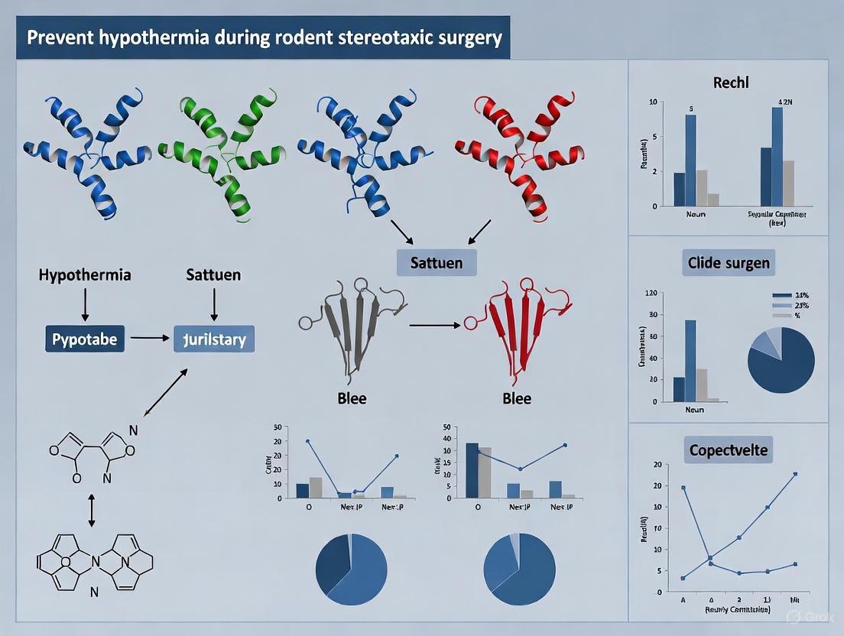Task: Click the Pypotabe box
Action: click(x=84, y=338)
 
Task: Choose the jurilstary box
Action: click(x=214, y=338)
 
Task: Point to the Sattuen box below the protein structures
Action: click(x=437, y=263)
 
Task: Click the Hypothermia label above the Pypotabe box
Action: click(x=84, y=274)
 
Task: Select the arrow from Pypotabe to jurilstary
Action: click(x=151, y=337)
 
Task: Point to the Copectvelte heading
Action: click(x=726, y=450)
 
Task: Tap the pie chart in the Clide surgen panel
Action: click(x=781, y=360)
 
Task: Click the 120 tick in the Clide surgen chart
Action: click(x=651, y=293)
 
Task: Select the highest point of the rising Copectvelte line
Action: click(x=796, y=474)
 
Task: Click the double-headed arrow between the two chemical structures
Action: click(x=91, y=510)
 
